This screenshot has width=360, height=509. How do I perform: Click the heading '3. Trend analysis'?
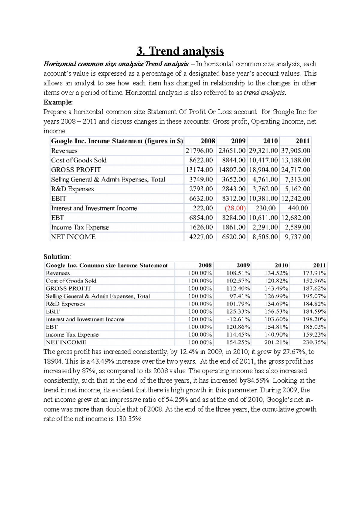coord(180,51)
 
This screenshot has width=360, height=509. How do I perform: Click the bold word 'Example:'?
coord(58,102)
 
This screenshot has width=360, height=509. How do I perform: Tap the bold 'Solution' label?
coord(56,257)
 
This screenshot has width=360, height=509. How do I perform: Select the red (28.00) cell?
coord(235,208)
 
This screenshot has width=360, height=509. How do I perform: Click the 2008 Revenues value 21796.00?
coord(199,150)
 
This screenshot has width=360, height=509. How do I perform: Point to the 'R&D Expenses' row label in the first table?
coord(72,189)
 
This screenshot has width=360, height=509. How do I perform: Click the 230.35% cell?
coord(314,342)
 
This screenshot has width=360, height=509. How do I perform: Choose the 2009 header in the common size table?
coord(243,265)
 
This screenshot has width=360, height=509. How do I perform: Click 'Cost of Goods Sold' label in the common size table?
coord(71,281)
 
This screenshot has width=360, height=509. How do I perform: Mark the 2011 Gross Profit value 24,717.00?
coord(295,170)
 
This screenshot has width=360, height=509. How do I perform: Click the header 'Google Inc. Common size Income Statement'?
coord(106,265)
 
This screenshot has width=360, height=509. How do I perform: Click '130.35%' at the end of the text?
coord(128,419)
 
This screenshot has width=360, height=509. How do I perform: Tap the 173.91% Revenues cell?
coord(314,273)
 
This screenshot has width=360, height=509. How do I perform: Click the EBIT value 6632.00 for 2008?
coord(201,198)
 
